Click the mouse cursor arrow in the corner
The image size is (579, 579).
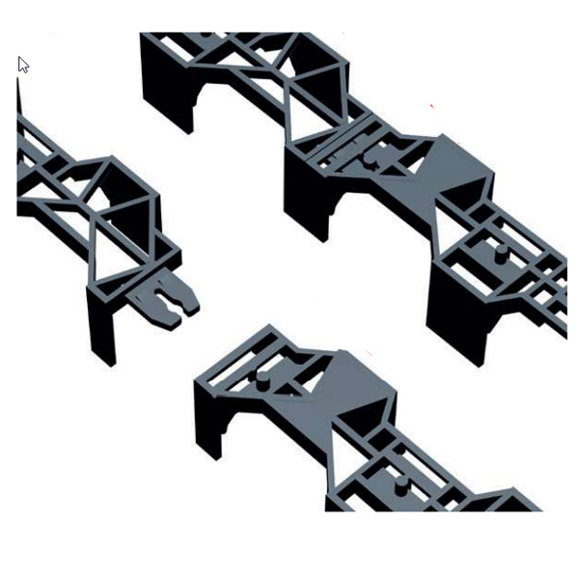[23, 65]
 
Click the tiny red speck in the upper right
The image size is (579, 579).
[431, 105]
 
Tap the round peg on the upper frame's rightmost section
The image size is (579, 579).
[502, 253]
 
